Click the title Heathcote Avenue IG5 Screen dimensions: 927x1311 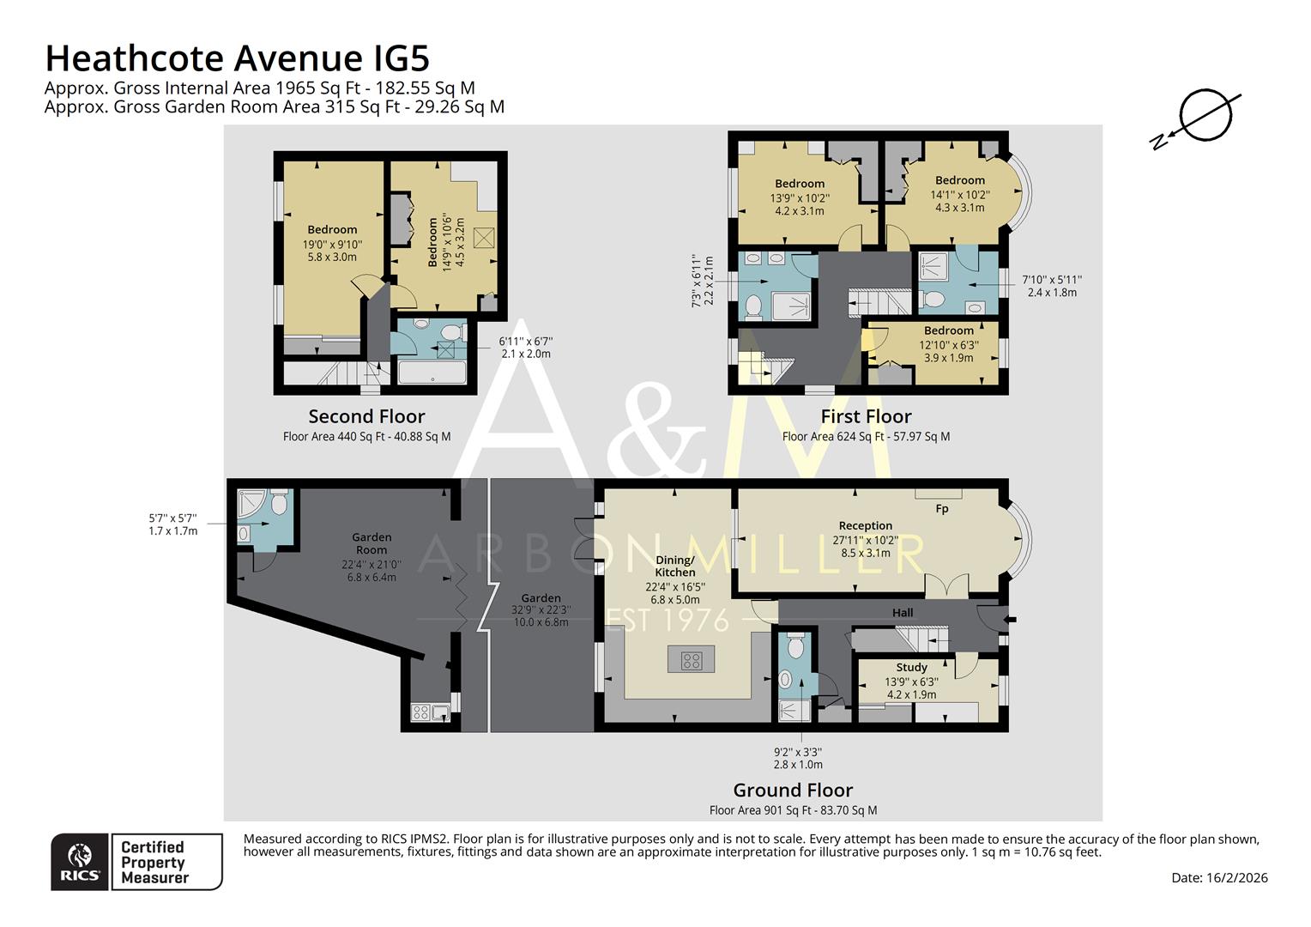coord(237,58)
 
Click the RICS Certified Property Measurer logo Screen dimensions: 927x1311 coord(136,862)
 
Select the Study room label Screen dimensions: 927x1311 coord(911,667)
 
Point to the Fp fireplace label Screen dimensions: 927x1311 coord(941,509)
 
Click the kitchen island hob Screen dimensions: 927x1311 coord(691,660)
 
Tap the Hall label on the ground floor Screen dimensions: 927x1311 coord(902,613)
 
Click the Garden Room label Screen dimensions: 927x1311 coord(371,543)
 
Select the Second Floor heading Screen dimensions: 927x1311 coord(366,416)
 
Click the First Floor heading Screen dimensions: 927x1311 coord(865,416)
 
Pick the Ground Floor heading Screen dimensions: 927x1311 coord(792,790)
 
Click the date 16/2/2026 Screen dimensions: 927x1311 coord(1218,877)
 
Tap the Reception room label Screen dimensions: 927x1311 coord(865,525)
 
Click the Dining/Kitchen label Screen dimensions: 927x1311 coord(675,566)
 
